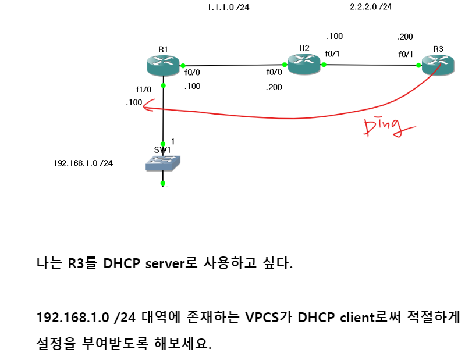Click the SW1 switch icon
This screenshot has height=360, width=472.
[x=163, y=164]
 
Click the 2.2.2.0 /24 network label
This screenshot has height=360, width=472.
[x=370, y=8]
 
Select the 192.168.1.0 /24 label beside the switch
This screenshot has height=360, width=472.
[x=83, y=163]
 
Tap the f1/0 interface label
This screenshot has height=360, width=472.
[x=143, y=90]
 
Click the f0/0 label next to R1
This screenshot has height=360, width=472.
[x=192, y=73]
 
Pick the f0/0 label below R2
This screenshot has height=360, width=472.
[x=274, y=73]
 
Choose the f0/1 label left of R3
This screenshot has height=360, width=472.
[x=406, y=54]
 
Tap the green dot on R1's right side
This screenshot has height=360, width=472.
[x=183, y=66]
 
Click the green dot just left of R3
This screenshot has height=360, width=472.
[x=419, y=66]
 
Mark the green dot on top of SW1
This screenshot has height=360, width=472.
[x=164, y=144]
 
